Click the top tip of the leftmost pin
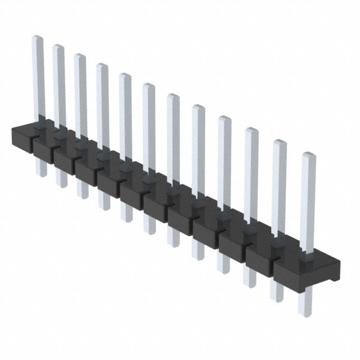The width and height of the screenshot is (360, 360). point(37,38)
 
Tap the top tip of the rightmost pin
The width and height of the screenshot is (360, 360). point(308,155)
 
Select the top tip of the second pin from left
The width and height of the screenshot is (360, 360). point(58,47)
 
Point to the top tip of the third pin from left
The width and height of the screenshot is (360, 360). point(80,56)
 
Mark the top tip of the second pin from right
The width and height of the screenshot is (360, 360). point(280,142)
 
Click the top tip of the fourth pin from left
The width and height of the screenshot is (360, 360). point(102,65)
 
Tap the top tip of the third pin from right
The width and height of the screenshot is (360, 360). point(251,130)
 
